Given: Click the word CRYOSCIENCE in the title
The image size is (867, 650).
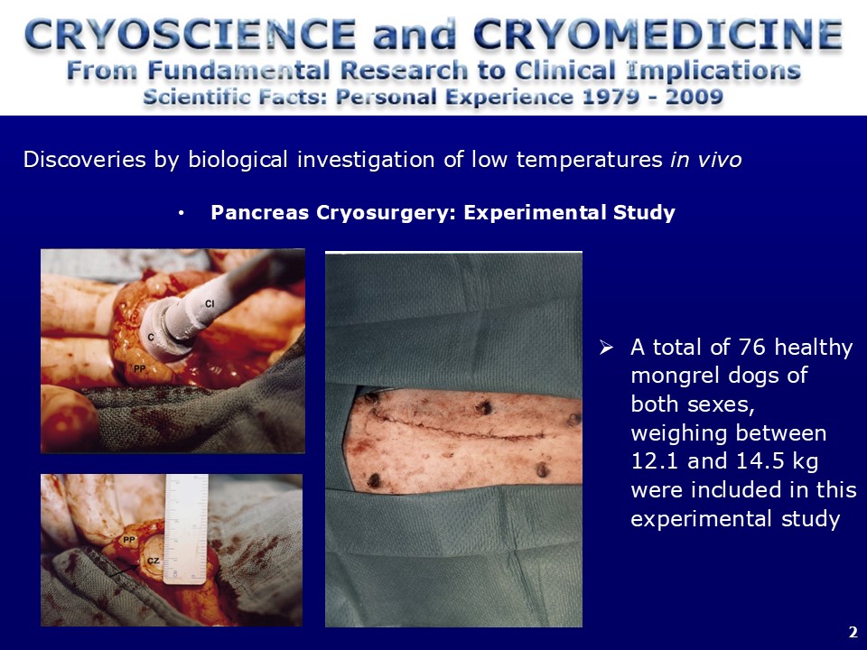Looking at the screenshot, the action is tap(190, 34).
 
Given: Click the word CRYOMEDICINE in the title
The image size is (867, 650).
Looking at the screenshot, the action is tap(658, 34).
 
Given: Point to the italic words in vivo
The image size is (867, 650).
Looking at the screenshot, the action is tap(705, 160).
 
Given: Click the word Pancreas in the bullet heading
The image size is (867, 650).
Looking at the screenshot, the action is tap(259, 212).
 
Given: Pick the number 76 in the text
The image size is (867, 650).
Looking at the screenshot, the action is tap(752, 347).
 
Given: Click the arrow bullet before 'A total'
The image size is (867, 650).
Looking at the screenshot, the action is tap(607, 348).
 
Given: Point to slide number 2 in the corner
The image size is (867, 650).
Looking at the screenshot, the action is tap(853, 632).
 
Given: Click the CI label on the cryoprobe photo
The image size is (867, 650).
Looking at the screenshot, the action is tap(210, 303).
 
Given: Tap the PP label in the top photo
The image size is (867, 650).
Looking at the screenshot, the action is tap(139, 368).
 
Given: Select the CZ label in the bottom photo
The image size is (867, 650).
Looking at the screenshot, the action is tap(154, 561).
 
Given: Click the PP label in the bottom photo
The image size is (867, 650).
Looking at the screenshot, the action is tap(129, 540).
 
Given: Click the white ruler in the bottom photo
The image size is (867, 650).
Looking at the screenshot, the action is tap(186, 529).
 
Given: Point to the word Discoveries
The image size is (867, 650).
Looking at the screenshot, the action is tap(86, 160).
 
